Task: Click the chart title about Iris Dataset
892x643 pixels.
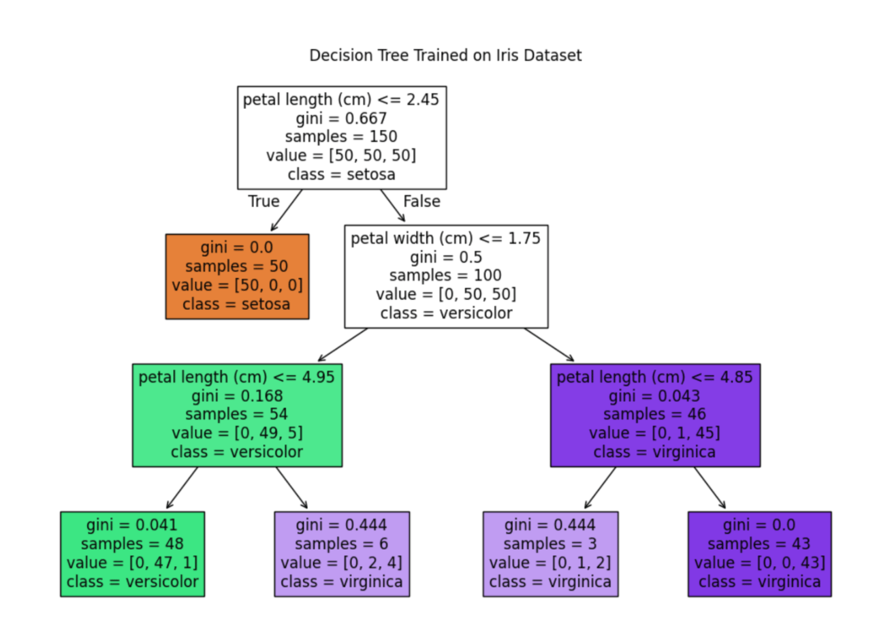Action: [x=445, y=55]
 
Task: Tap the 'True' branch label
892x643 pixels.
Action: [x=264, y=201]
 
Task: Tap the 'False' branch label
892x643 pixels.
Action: [x=422, y=201]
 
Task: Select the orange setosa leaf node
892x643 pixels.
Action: [x=238, y=277]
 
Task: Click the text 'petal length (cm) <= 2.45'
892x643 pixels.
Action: [x=341, y=99]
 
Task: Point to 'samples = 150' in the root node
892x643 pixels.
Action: [x=341, y=137]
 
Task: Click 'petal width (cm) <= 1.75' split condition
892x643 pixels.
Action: [x=445, y=238]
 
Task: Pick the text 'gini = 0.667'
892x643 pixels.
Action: [x=341, y=119]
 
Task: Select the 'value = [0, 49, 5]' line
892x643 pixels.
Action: [x=238, y=433]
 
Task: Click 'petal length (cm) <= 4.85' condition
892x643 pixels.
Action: [x=655, y=377]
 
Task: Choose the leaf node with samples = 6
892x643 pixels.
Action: [x=342, y=554]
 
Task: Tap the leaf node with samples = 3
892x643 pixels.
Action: [x=551, y=554]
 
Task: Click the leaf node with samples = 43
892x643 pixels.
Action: [x=760, y=554]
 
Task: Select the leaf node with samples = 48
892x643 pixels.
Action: [x=133, y=554]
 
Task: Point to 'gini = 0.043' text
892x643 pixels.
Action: [x=655, y=396]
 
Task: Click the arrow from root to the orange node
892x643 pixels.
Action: [x=286, y=210]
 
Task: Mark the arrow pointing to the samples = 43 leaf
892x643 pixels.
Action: [x=710, y=488]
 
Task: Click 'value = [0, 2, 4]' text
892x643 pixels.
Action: [x=342, y=563]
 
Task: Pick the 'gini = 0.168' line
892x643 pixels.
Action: [x=238, y=396]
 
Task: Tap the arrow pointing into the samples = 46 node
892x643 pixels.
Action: [x=549, y=345]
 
